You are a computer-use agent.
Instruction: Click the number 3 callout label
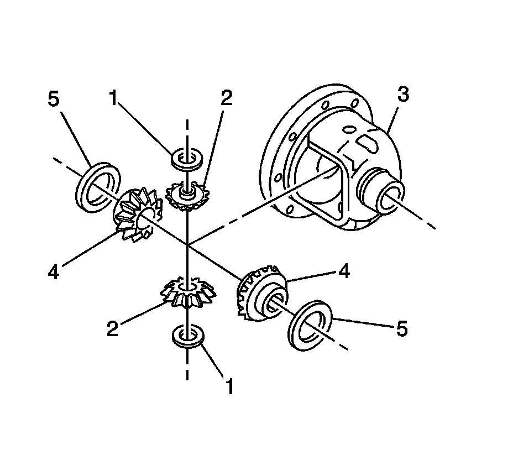[x=403, y=95]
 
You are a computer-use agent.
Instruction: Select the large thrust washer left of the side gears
[x=98, y=187]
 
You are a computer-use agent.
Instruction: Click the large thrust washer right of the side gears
[x=311, y=325]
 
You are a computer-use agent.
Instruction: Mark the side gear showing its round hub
[x=262, y=294]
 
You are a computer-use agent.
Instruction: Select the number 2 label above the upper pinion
[x=227, y=98]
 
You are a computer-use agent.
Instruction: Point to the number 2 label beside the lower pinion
[x=112, y=329]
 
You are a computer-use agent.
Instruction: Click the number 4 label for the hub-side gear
[x=344, y=272]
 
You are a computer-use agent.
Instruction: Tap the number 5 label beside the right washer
[x=401, y=329]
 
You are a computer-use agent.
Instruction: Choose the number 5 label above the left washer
[x=53, y=100]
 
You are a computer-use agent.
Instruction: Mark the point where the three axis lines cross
[x=188, y=244]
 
